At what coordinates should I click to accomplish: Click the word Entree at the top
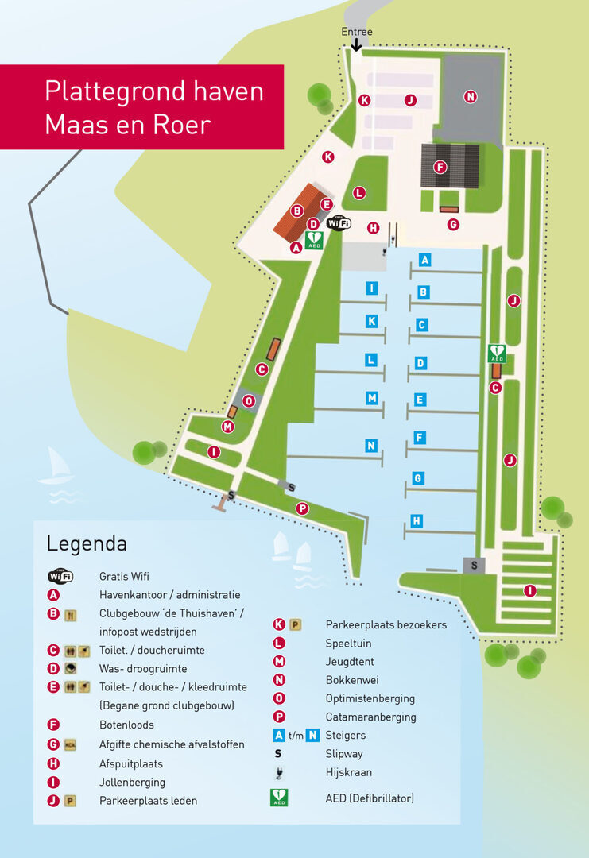356,32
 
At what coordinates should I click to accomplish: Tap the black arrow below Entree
356,45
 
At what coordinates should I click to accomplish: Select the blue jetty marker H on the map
417,521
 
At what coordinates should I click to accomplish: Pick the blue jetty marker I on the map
371,288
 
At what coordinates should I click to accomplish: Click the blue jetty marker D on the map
420,363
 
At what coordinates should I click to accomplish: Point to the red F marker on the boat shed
439,167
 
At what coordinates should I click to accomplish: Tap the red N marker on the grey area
470,97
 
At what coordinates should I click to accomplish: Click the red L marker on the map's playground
359,192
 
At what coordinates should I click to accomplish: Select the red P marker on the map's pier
301,508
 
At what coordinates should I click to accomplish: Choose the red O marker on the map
249,401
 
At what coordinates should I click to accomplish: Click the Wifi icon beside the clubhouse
339,224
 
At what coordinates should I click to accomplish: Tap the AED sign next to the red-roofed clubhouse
314,240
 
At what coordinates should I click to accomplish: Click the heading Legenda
87,544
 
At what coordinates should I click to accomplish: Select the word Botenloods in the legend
126,725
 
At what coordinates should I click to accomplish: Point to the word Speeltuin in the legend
348,643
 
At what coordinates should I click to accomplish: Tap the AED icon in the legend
279,798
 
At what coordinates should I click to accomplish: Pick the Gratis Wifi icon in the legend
61,576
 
